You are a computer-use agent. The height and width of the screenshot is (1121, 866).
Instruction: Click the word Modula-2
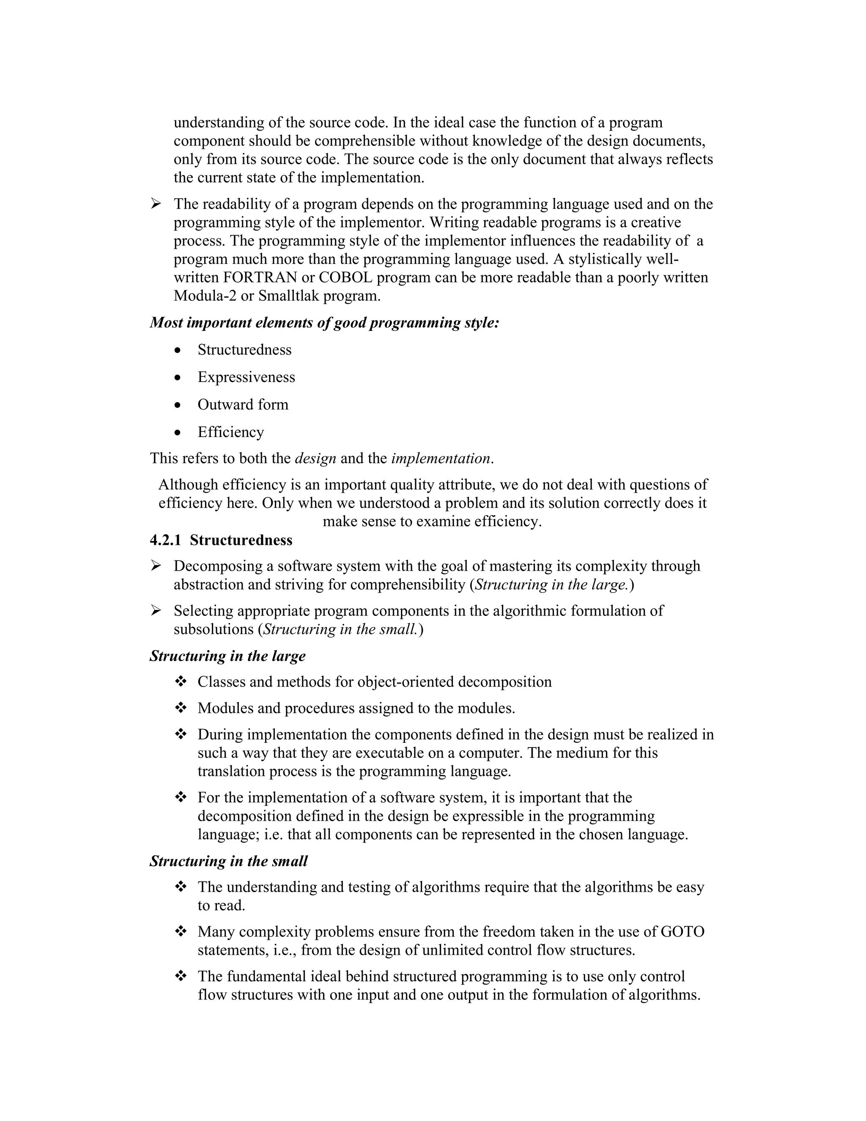point(205,296)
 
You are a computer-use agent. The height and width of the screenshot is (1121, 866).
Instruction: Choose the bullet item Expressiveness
point(246,377)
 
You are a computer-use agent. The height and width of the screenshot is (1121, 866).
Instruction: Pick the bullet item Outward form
point(243,404)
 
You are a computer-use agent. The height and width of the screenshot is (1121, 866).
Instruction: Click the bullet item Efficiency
point(230,432)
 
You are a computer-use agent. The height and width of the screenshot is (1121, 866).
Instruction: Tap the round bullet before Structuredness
point(178,351)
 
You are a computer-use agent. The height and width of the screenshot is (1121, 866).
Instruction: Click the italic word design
point(315,459)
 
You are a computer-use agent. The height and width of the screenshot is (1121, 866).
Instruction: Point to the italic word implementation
point(441,459)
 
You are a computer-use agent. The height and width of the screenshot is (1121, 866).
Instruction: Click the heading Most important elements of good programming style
point(324,323)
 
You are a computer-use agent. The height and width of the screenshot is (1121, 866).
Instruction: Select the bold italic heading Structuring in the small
point(228,861)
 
